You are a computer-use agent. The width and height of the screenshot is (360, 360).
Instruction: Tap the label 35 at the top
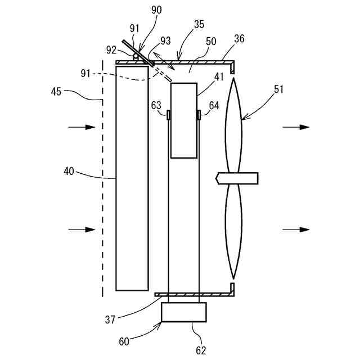pos(199,24)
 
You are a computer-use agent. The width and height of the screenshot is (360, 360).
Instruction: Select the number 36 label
pos(239,39)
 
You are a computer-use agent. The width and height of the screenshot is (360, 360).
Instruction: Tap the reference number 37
pos(111,319)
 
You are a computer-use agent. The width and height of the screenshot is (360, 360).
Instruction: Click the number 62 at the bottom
pos(201,350)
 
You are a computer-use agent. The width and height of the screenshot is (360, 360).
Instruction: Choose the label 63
pos(156,105)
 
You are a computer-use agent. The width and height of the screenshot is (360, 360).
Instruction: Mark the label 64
pos(214,105)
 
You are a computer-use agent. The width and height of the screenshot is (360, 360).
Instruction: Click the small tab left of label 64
pos(199,115)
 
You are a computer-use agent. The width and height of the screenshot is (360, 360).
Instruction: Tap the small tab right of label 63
pos(168,115)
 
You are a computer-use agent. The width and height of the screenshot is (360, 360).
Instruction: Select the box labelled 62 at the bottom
pos(183,312)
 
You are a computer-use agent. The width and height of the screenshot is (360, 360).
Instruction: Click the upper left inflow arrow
pos(82,128)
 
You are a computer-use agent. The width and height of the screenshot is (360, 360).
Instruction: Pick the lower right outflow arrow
pos(296,229)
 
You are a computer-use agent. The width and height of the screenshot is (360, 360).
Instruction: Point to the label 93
pos(165,41)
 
